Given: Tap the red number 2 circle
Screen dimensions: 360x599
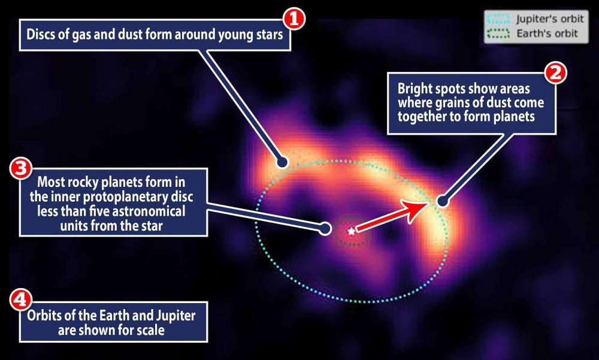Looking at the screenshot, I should (555, 74).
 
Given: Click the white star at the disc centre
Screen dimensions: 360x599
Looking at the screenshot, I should (351, 230).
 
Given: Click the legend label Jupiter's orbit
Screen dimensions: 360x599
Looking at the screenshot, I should (549, 20).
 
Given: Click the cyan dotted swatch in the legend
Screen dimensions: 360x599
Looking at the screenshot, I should (502, 20).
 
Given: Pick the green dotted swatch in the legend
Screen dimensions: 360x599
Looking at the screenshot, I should (502, 34).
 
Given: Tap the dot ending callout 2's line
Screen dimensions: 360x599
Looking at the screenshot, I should (443, 202).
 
